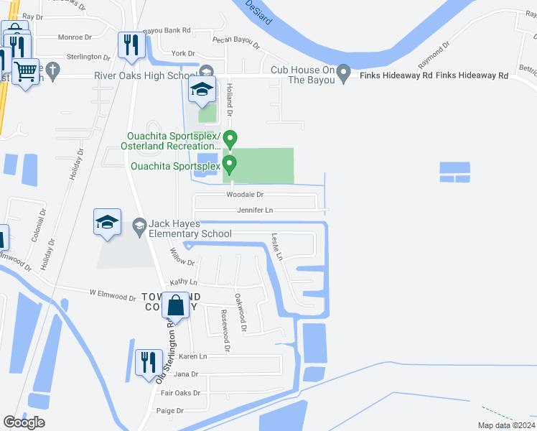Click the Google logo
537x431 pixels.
tap(24, 422)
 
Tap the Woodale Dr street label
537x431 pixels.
tap(246, 195)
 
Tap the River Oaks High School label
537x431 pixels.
tap(146, 76)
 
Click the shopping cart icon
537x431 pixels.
tap(25, 73)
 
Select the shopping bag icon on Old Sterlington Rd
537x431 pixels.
tap(176, 306)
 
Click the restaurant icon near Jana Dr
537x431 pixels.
tap(149, 362)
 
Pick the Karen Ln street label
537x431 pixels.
tap(192, 356)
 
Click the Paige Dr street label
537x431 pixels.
tap(170, 411)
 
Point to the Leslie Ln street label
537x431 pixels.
tap(277, 246)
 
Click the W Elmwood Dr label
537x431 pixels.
tap(113, 295)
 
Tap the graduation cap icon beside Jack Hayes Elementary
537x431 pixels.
tap(107, 222)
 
